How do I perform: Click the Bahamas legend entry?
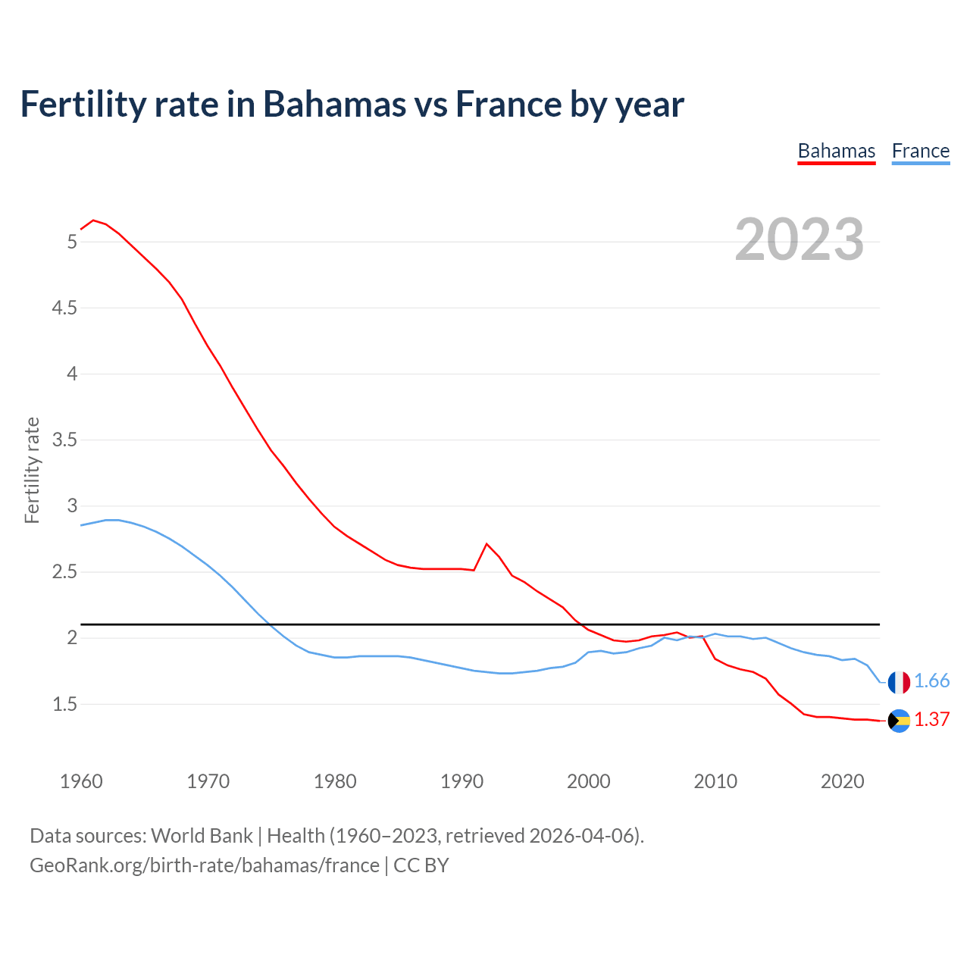837,151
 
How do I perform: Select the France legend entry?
921,151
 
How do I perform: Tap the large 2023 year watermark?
799,239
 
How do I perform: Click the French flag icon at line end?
899,682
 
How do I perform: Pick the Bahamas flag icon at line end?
899,721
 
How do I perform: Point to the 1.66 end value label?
932,681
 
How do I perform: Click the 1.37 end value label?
932,720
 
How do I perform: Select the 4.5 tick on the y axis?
64,308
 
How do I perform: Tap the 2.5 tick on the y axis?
64,572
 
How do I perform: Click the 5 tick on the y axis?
72,242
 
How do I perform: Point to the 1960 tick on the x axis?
81,781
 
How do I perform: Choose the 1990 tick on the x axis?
462,781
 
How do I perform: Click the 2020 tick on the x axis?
842,781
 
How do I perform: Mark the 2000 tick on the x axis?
589,781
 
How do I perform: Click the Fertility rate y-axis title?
32,470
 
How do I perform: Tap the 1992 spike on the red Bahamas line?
487,544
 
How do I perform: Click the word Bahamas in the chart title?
334,105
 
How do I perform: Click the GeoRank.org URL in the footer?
205,865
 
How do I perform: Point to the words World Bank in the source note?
202,836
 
